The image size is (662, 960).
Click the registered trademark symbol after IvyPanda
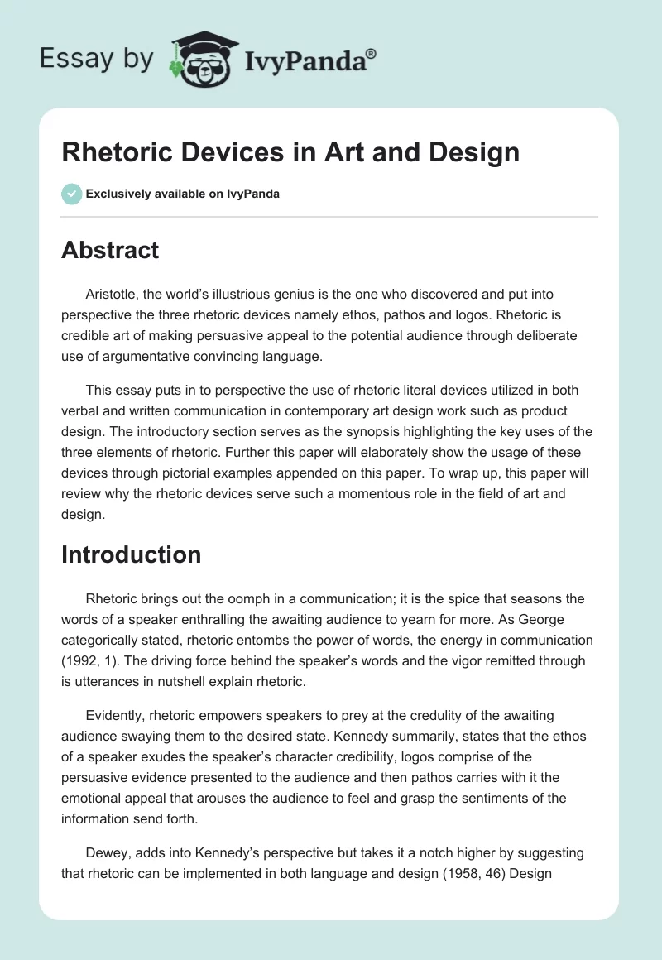tap(372, 52)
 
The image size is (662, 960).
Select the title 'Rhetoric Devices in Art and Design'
tap(290, 152)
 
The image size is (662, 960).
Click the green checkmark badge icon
tap(71, 194)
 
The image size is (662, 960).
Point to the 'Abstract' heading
tap(110, 250)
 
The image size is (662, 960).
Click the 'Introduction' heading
tap(131, 554)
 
